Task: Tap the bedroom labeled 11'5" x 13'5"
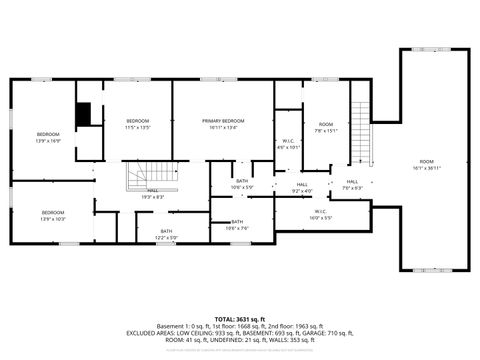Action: [x=137, y=124]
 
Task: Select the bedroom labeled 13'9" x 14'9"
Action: [x=49, y=138]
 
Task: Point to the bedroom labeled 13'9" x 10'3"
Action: [x=52, y=215]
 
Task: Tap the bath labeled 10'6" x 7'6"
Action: [x=238, y=224]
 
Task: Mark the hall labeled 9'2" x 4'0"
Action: [x=302, y=187]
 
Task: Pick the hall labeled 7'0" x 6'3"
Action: [x=353, y=185]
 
